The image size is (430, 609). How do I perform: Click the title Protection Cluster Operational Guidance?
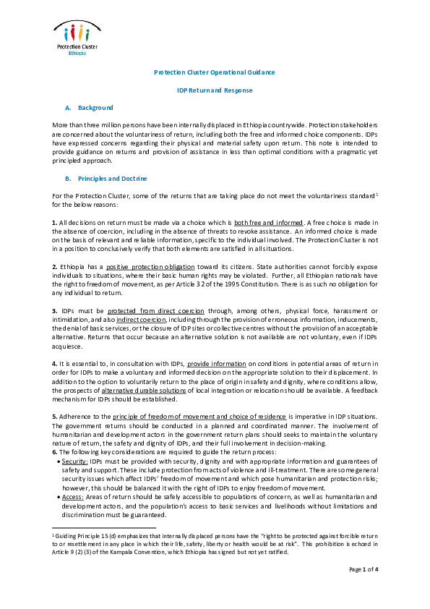pos(215,72)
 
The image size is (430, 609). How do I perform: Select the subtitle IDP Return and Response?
pos(215,90)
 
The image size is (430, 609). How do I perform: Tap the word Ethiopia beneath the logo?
pos(77,54)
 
